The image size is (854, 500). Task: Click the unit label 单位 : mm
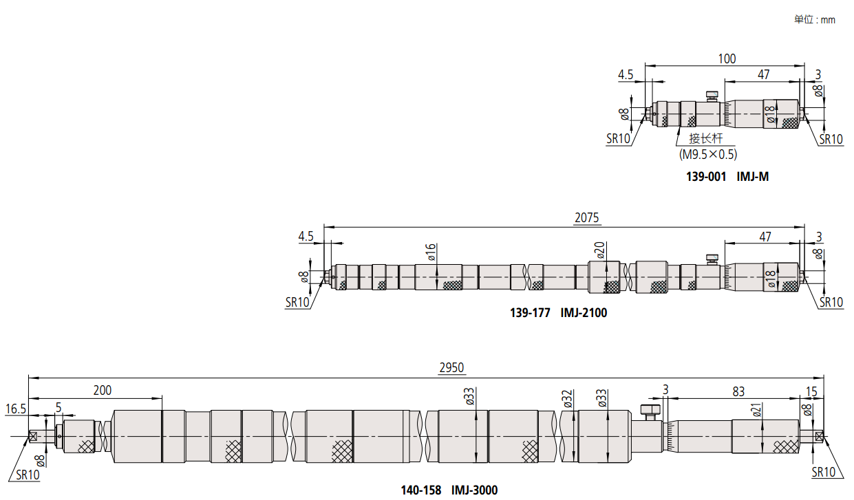[815, 19]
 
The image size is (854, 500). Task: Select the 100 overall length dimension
[727, 58]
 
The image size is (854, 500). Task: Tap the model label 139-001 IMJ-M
[727, 177]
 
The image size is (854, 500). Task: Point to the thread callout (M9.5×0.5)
[708, 154]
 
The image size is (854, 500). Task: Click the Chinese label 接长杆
[705, 138]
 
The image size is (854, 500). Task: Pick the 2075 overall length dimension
[587, 217]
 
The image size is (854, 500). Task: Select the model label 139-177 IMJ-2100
[559, 313]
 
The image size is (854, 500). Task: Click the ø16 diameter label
[431, 252]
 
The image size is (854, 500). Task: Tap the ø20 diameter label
[599, 250]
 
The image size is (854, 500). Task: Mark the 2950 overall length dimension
[451, 367]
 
